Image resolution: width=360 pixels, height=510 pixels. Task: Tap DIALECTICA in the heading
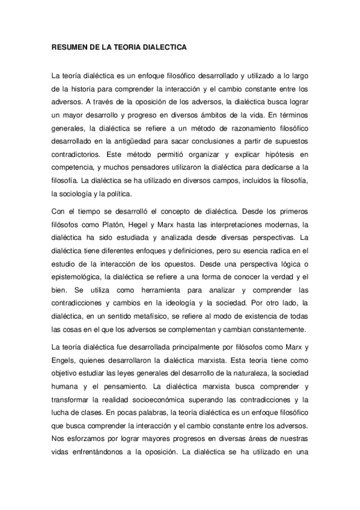[x=165, y=46]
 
